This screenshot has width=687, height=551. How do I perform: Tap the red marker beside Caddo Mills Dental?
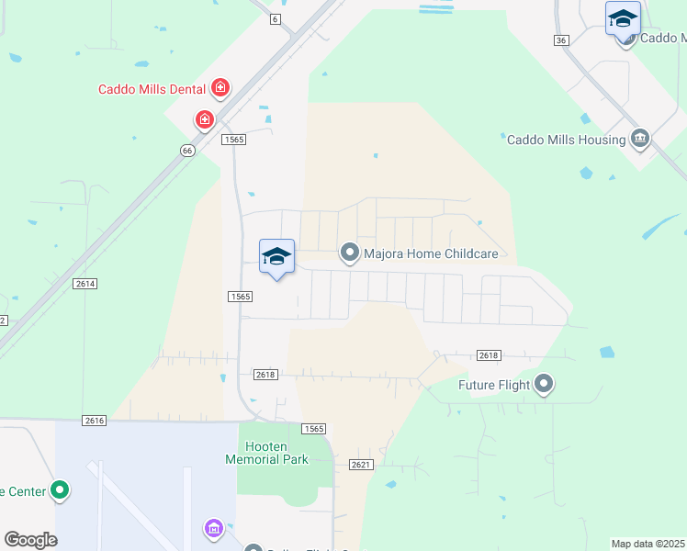[220, 88]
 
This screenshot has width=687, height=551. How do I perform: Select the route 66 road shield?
[187, 150]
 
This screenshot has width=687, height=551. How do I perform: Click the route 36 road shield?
[562, 40]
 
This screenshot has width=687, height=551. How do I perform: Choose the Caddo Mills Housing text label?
[566, 140]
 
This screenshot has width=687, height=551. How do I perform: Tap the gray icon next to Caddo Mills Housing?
[640, 140]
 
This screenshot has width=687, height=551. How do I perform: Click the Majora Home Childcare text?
[431, 253]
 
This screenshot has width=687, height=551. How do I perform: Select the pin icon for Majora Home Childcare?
[349, 252]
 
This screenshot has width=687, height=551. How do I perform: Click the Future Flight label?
[494, 385]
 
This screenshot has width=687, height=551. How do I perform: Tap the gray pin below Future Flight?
[545, 384]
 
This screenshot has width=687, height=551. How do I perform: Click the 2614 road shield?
[86, 285]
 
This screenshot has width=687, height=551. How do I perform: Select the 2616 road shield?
[94, 420]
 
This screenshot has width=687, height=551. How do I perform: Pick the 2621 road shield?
[361, 465]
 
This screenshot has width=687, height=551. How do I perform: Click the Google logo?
[30, 539]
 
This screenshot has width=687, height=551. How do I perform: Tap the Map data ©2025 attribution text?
[648, 544]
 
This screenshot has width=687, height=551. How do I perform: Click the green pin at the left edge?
[60, 490]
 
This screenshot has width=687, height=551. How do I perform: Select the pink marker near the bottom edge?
[213, 528]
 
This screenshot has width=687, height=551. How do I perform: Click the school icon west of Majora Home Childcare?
[276, 255]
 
